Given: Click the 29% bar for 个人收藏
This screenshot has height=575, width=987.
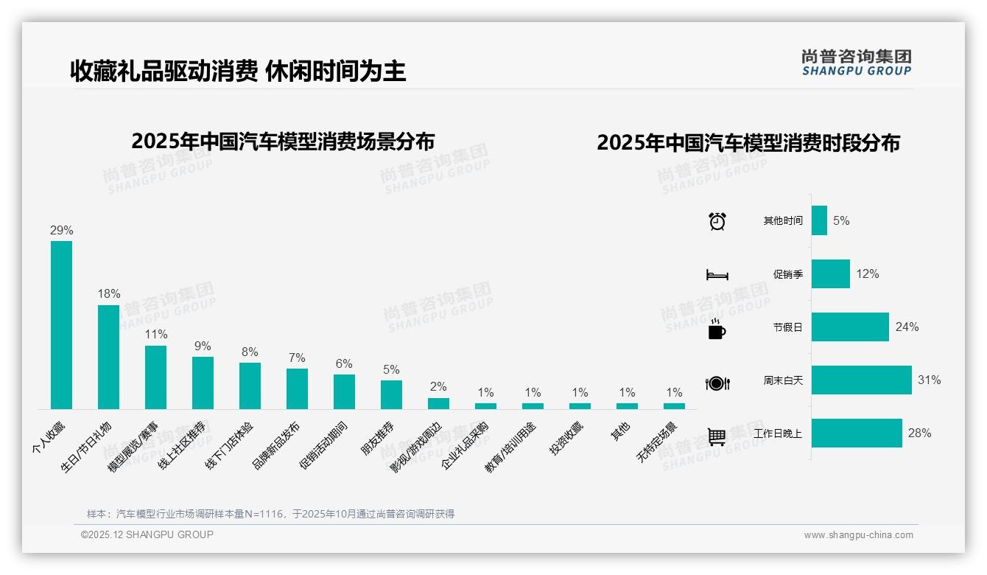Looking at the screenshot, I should [61, 325].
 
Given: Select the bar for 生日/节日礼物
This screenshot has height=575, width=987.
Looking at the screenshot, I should [108, 357].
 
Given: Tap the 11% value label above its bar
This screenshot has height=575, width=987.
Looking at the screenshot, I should [155, 335].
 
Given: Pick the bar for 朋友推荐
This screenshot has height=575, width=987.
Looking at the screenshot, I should [391, 394].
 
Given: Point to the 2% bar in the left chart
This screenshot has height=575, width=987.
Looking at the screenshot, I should [438, 403].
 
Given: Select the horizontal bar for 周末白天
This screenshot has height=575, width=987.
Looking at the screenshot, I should [861, 380].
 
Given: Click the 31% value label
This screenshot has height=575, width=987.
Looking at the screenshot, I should [929, 380].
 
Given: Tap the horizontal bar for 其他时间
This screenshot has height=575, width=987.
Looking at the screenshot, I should [819, 220].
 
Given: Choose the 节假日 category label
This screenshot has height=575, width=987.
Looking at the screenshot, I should [787, 327].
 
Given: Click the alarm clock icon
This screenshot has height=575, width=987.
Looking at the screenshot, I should [717, 221].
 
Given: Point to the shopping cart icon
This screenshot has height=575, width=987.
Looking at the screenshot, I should [717, 436].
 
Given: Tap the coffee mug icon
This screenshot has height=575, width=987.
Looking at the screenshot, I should [717, 329].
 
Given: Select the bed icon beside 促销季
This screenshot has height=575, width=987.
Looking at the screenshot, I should [717, 275].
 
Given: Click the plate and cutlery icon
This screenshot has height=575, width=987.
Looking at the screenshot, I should [717, 383].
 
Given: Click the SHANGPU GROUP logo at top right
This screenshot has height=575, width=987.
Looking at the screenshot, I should [856, 63].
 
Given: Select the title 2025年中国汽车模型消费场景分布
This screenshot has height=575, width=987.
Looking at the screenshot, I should [283, 141].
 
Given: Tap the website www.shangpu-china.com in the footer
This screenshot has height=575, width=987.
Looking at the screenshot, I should [858, 535].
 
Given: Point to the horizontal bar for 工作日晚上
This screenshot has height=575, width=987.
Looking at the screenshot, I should [857, 433].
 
